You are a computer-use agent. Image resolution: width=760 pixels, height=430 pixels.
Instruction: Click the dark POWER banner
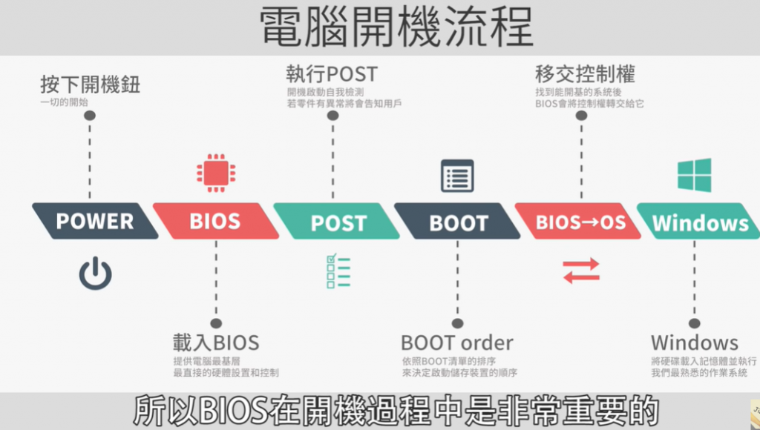(x=95, y=221)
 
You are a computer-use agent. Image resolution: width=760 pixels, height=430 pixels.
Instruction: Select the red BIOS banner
(x=215, y=221)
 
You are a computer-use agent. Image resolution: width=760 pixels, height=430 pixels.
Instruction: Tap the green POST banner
(x=338, y=222)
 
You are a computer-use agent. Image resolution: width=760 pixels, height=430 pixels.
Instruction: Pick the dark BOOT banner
(x=458, y=222)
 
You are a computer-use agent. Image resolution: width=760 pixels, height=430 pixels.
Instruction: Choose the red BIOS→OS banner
(x=580, y=222)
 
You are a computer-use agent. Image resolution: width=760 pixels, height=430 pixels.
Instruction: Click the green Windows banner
(x=700, y=222)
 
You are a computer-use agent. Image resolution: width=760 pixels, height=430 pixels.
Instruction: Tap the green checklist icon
(x=338, y=271)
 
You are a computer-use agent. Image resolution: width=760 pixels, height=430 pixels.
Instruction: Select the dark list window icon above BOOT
(x=457, y=175)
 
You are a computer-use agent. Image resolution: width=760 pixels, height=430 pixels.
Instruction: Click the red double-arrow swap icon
(x=580, y=271)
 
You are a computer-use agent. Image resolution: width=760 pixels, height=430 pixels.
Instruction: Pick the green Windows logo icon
(x=694, y=176)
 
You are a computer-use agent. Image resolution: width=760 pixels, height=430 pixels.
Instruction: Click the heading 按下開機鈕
(x=90, y=85)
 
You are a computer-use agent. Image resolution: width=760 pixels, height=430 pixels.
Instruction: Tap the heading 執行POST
(x=332, y=74)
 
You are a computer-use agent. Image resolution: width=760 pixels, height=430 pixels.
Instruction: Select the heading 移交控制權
(x=585, y=74)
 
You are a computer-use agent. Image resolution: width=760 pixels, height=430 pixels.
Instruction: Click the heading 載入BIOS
(x=216, y=343)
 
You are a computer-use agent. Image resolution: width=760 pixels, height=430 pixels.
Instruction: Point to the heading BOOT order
(x=457, y=343)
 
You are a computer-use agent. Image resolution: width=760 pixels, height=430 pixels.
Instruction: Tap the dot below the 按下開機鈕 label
(x=90, y=116)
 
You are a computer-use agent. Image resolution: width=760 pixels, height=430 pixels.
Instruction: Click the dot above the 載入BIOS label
(x=216, y=323)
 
